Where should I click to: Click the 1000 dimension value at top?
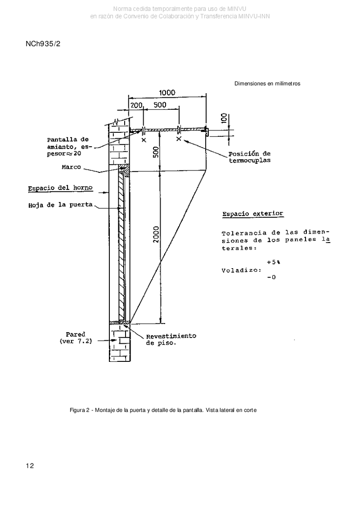(x=167, y=93)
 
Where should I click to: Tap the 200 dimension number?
(x=136, y=105)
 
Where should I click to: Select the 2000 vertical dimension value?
(x=156, y=234)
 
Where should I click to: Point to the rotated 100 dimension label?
(x=223, y=118)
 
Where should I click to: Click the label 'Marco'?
(x=72, y=167)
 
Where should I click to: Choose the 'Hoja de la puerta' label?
(x=60, y=205)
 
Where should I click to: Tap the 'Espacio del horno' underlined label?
(x=60, y=188)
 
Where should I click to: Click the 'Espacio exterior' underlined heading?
(x=252, y=214)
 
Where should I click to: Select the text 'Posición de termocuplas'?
(x=250, y=157)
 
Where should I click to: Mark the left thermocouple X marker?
(x=144, y=140)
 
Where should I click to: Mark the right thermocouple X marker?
(x=178, y=139)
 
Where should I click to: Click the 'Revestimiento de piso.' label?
(x=171, y=339)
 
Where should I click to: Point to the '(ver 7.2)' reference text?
(x=76, y=341)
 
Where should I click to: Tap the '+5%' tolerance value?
(x=274, y=262)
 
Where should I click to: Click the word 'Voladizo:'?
(x=242, y=270)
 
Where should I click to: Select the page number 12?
(x=30, y=466)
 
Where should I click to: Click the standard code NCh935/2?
(x=43, y=44)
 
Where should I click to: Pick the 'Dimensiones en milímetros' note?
(x=267, y=83)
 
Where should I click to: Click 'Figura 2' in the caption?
(x=80, y=410)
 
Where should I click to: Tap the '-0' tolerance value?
(x=271, y=278)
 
